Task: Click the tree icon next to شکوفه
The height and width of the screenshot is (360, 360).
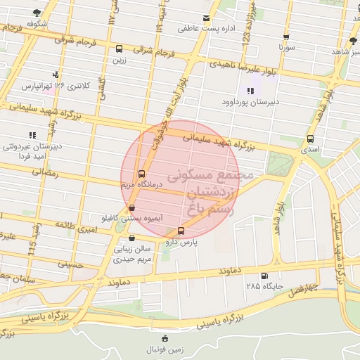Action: point(37,13)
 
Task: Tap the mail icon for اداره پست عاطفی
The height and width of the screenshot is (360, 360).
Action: point(206,18)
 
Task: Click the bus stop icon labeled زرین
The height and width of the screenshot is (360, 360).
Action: point(119,49)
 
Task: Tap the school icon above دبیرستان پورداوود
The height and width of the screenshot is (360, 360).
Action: point(250,90)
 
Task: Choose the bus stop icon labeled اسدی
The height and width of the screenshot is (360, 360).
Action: point(310,139)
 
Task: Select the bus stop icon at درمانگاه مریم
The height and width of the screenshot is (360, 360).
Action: point(141,173)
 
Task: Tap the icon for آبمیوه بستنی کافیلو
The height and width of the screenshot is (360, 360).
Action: point(132,207)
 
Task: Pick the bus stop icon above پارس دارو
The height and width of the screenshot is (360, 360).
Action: point(181,231)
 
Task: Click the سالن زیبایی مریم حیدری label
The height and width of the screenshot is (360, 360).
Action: point(133,254)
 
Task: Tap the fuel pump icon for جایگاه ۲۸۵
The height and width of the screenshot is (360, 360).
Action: point(264,276)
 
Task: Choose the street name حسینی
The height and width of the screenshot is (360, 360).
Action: point(71,264)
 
